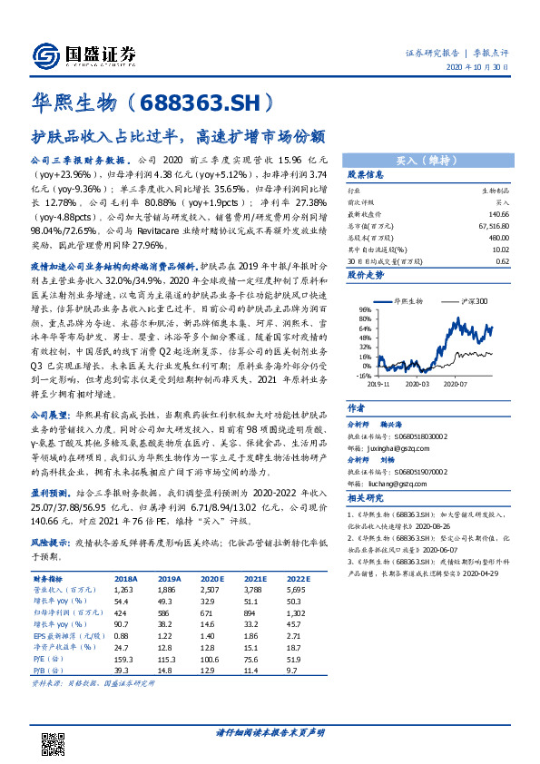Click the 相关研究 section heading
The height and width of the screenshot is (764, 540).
(x=367, y=498)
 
